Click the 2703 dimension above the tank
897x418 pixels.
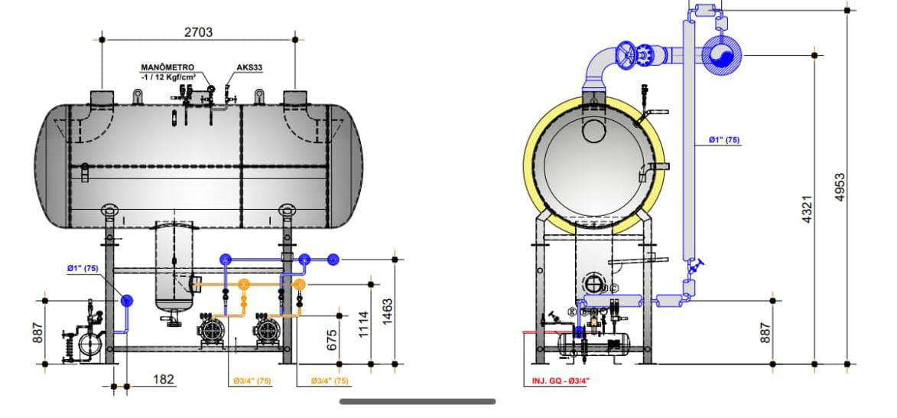[198, 32]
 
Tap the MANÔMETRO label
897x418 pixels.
[168, 68]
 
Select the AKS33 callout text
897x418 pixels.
[250, 67]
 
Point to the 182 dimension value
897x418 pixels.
[163, 379]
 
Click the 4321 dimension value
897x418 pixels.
[807, 209]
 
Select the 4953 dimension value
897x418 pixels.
[840, 186]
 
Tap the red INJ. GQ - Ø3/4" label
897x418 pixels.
[561, 380]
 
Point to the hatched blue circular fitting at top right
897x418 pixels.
[721, 55]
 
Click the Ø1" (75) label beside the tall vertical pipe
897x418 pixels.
[723, 140]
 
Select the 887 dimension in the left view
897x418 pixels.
[38, 331]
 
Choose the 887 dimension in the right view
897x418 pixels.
[765, 331]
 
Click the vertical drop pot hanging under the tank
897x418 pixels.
[174, 268]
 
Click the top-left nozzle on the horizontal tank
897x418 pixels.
[102, 98]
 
